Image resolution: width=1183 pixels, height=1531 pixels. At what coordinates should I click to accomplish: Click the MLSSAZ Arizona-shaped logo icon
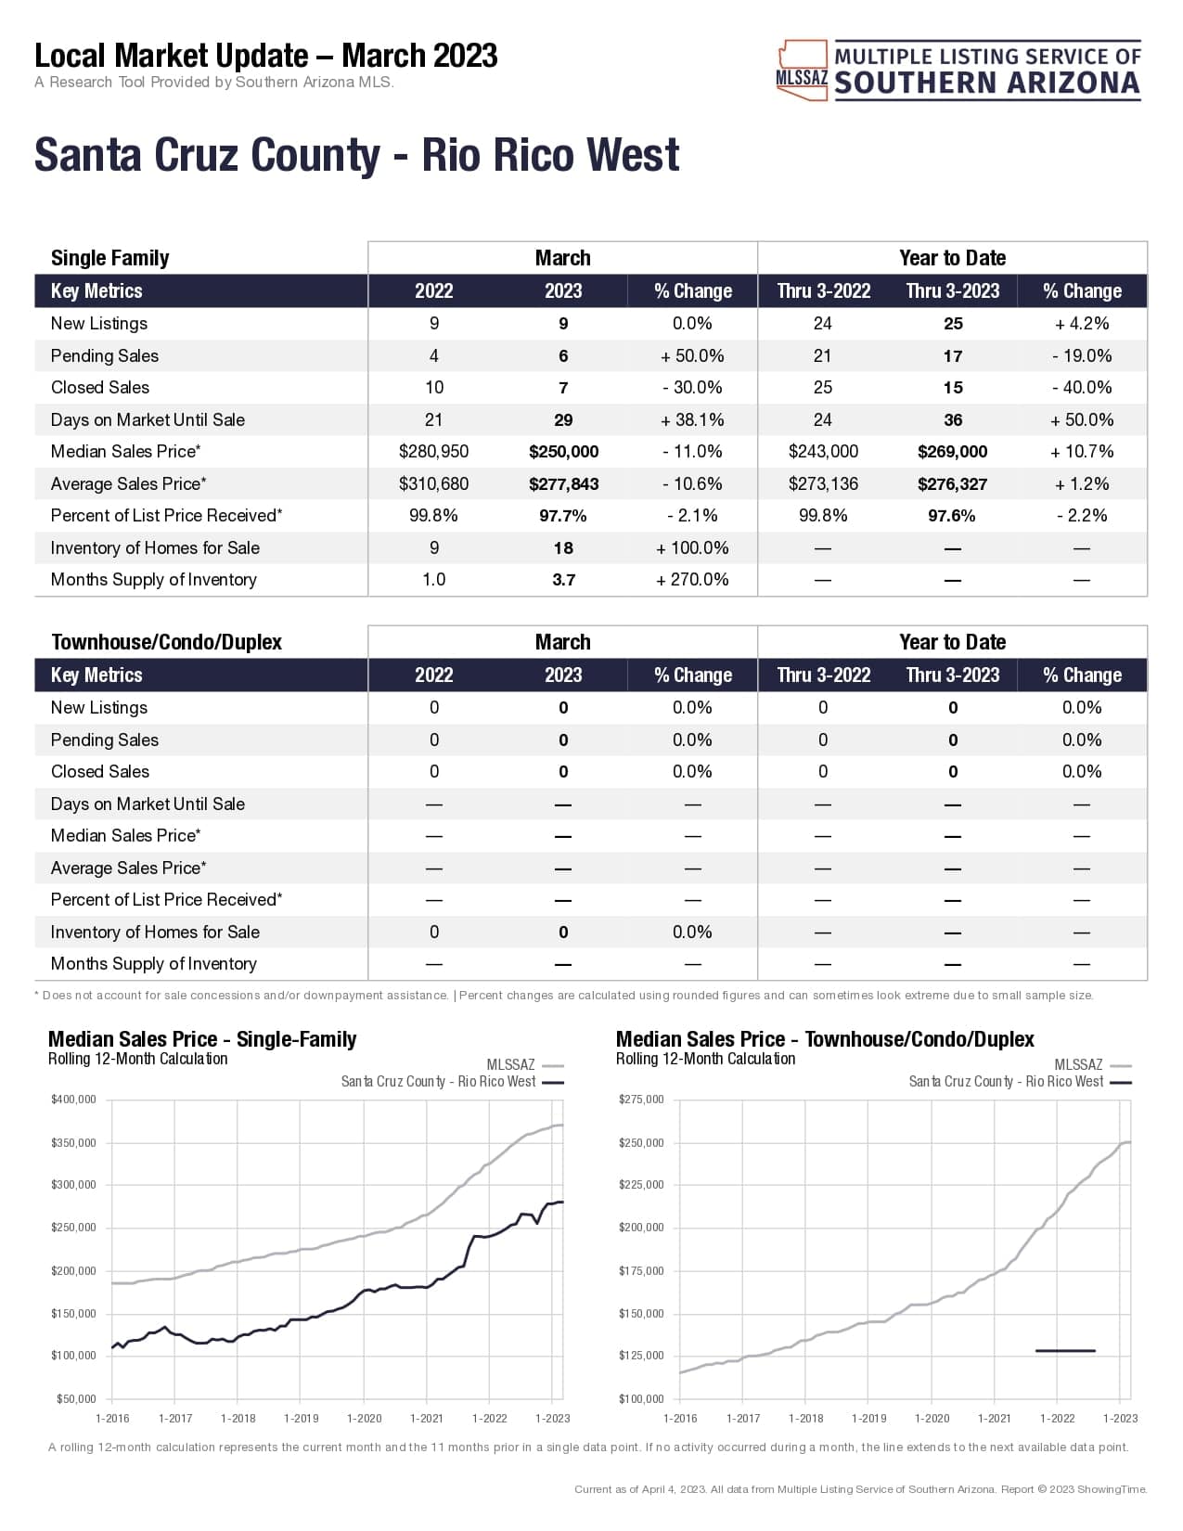802,70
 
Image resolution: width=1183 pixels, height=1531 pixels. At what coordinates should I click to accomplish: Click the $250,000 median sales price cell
563,452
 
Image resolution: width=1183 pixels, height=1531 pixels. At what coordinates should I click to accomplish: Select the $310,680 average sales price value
433,483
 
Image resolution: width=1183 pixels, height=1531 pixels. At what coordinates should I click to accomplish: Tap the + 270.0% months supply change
692,580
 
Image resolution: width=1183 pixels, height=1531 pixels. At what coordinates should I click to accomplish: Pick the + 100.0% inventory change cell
692,547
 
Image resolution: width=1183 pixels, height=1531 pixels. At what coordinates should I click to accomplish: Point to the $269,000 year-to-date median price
952,452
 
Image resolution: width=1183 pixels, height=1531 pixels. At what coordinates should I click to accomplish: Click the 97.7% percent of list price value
563,516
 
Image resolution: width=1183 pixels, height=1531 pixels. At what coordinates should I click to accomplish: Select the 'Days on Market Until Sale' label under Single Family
148,419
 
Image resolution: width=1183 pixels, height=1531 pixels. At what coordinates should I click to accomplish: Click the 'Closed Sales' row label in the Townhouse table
100,771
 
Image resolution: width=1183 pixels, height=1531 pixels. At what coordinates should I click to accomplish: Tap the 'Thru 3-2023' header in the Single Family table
952,291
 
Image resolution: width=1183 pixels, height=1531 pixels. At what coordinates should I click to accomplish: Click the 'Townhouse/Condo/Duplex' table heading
166,642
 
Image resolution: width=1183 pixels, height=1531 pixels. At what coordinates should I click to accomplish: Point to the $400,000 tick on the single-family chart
74,1100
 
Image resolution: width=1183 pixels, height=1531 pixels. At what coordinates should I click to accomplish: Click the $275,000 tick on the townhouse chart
641,1100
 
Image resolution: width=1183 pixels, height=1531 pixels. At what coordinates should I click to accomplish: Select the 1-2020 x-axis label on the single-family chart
364,1418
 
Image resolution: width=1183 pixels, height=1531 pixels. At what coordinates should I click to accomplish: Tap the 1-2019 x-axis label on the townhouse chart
868,1418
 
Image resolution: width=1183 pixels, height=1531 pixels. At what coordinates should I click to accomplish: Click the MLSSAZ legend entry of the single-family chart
511,1065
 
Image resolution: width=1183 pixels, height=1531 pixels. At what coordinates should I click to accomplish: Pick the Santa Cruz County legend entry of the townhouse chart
1006,1082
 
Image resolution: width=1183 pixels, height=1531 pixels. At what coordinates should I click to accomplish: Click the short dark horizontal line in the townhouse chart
1065,1351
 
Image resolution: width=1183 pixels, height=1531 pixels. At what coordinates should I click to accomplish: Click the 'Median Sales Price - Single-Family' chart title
202,1039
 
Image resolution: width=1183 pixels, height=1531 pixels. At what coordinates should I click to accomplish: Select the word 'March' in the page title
382,56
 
